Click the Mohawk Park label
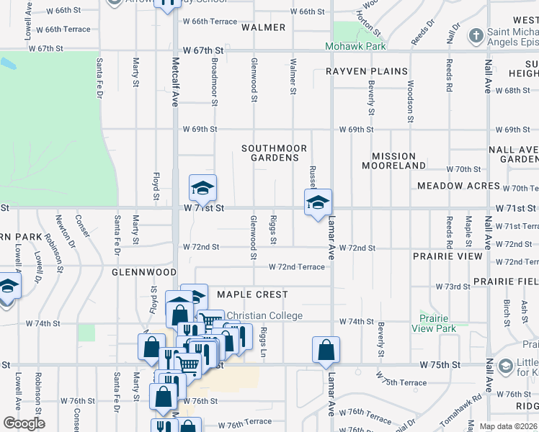coord(355,46)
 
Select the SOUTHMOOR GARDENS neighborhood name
coord(275,153)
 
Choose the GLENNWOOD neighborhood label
coord(144,273)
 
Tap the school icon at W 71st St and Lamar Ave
coord(318,203)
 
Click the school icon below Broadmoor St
coord(202,188)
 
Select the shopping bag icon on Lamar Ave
coord(326,350)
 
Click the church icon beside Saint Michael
coord(476,35)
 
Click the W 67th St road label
coord(204,50)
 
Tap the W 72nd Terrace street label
coord(296,267)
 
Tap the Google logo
coord(24,423)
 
